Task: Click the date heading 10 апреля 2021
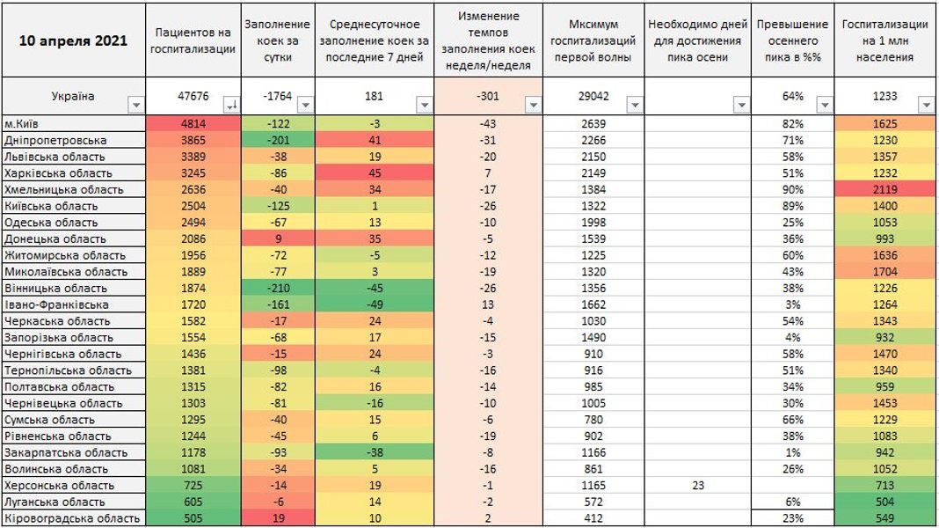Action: coord(73,40)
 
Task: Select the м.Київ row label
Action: coord(25,124)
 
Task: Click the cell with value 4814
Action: coord(193,124)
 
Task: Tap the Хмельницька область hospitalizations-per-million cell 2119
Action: coord(885,190)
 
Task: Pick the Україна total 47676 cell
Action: coord(193,96)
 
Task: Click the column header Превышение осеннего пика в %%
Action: coord(792,40)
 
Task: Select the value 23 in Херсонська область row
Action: coord(699,485)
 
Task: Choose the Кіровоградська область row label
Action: coord(72,518)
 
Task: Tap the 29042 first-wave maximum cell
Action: coord(594,96)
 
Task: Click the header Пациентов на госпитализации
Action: coord(193,40)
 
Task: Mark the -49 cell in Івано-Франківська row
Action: coord(375,304)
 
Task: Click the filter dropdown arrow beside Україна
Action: coord(135,105)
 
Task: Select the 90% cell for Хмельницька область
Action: coord(792,190)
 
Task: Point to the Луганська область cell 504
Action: coord(885,502)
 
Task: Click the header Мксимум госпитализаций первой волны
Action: coord(594,40)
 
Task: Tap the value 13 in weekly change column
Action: coord(487,304)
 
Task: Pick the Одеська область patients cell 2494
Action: coord(193,223)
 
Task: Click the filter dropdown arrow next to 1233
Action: coord(926,105)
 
